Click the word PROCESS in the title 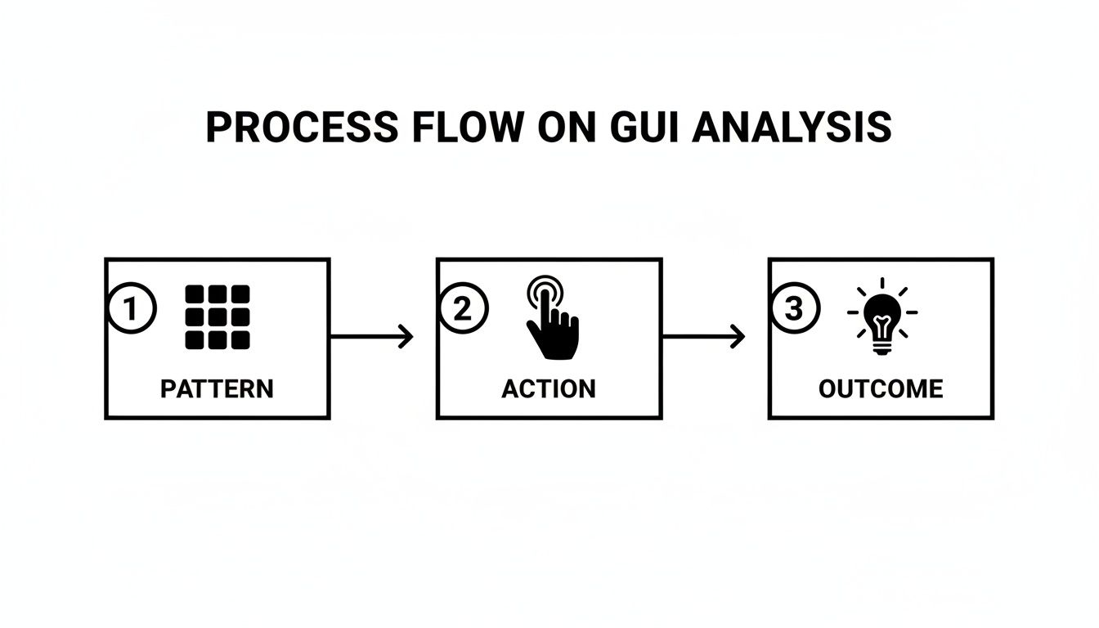[x=303, y=128]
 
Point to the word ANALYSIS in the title [x=792, y=128]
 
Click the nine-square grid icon [x=218, y=317]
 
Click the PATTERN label [x=217, y=388]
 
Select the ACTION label [x=549, y=388]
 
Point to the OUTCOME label [x=881, y=388]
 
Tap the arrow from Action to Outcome [x=702, y=336]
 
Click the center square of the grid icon [x=218, y=317]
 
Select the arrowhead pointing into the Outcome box [x=738, y=336]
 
